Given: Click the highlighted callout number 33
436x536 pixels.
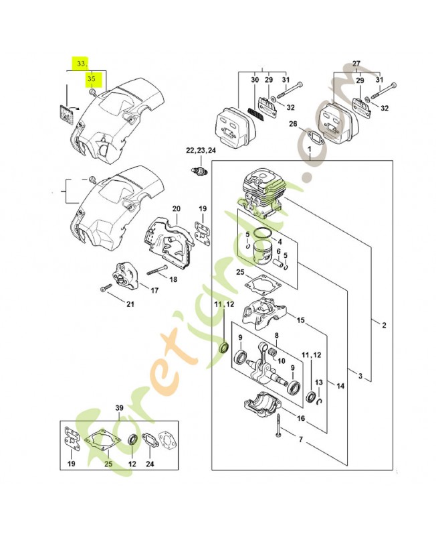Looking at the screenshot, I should (x=81, y=64).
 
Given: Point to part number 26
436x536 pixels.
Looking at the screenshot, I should (x=293, y=123).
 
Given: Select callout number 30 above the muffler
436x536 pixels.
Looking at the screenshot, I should (x=254, y=80).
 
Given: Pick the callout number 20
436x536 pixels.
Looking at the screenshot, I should (x=177, y=208).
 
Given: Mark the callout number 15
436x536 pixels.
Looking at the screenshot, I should (x=301, y=321).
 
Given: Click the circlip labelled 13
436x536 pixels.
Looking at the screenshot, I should (x=322, y=401).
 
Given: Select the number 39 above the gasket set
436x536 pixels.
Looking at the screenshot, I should (x=120, y=408).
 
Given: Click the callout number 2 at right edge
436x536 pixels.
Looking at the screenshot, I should (x=384, y=326).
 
